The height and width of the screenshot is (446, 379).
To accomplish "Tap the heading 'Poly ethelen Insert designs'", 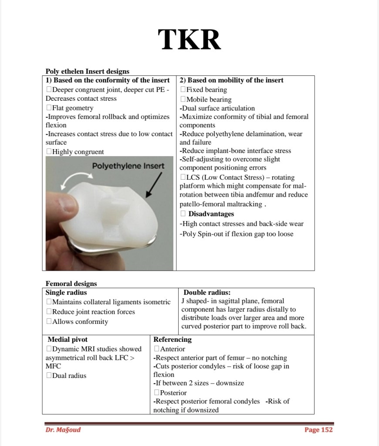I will [x=87, y=71].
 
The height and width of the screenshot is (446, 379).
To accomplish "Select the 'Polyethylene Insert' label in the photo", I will [x=129, y=166].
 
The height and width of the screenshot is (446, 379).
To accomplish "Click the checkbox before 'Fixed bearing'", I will [x=183, y=90].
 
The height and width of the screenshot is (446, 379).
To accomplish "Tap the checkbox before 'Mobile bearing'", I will [x=183, y=99].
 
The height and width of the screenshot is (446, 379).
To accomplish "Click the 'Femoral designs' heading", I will [x=71, y=284].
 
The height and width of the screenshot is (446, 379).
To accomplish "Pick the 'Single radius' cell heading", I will [x=66, y=293].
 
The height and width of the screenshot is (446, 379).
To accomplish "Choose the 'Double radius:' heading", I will [x=207, y=293].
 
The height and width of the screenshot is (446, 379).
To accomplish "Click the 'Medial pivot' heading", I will [x=68, y=339].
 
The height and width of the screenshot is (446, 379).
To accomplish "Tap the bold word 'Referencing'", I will [x=172, y=339].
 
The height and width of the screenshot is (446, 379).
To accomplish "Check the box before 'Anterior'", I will [x=157, y=349].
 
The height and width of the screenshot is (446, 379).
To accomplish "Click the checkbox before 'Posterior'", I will [x=157, y=393].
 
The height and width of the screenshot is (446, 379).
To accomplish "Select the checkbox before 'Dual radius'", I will [x=49, y=376].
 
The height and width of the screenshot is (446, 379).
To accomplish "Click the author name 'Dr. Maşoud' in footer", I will [x=63, y=430].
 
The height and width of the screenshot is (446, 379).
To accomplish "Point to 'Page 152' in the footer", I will [x=318, y=430].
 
